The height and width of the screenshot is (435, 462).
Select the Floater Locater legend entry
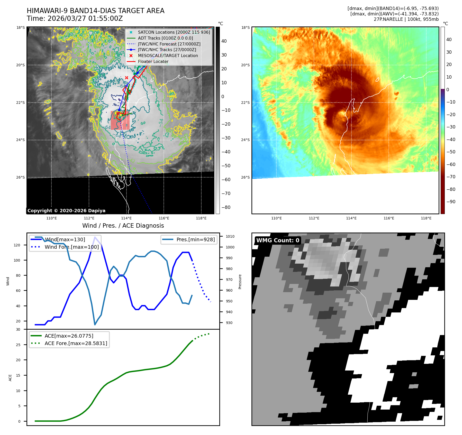153,61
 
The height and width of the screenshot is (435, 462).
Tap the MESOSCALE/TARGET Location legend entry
168,55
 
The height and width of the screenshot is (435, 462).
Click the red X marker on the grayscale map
126,78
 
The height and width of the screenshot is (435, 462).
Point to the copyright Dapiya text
66,211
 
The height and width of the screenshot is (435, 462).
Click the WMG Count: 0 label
278,240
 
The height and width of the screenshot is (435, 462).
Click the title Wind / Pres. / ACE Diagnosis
123,226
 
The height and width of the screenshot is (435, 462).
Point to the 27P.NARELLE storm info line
406,19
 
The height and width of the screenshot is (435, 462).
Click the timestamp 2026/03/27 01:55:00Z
85,18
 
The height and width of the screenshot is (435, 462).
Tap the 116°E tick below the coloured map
389,218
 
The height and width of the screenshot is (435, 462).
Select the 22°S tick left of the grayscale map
21,103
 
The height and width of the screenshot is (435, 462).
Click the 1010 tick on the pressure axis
230,236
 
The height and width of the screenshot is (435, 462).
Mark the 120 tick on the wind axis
17,245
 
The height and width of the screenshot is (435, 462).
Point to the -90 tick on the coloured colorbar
451,202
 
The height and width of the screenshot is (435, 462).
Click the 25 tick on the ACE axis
18,345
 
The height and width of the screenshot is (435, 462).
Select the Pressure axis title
240,282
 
